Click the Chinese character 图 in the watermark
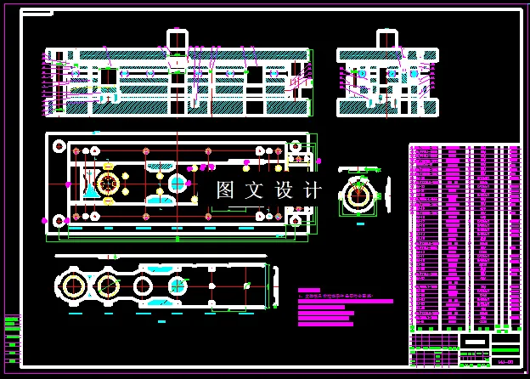tap(225, 190)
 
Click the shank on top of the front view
tap(177, 39)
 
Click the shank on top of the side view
tap(386, 39)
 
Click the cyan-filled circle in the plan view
tap(178, 183)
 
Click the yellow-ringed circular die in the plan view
tap(108, 183)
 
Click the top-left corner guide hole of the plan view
tap(59, 147)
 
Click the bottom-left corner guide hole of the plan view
tap(59, 220)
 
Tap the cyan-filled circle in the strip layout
tap(178, 286)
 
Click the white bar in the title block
tap(476, 340)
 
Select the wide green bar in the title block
tap(505, 348)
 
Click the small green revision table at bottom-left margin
tap(11, 338)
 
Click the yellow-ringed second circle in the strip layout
tap(106, 284)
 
